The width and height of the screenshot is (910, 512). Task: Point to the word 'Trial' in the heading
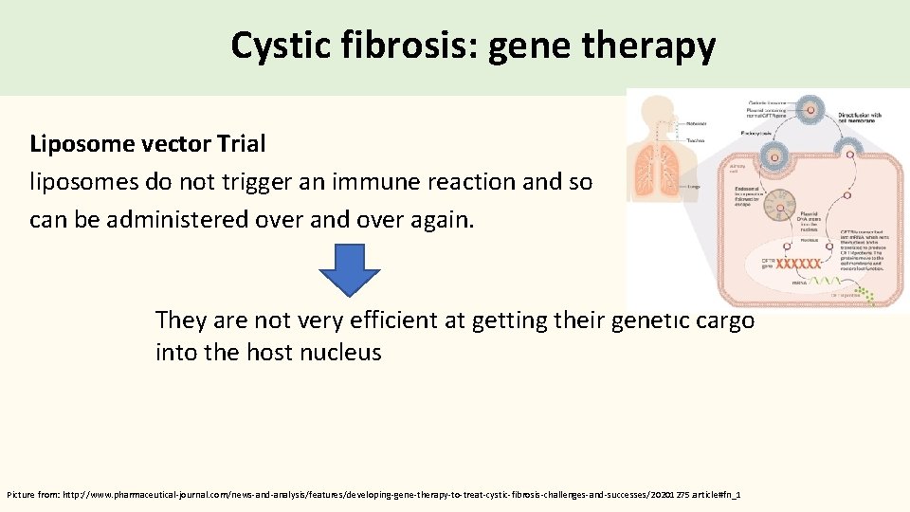click(x=241, y=144)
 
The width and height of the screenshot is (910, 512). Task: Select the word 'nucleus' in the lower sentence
click(x=340, y=353)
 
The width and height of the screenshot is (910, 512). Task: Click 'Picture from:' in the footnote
click(x=32, y=495)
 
